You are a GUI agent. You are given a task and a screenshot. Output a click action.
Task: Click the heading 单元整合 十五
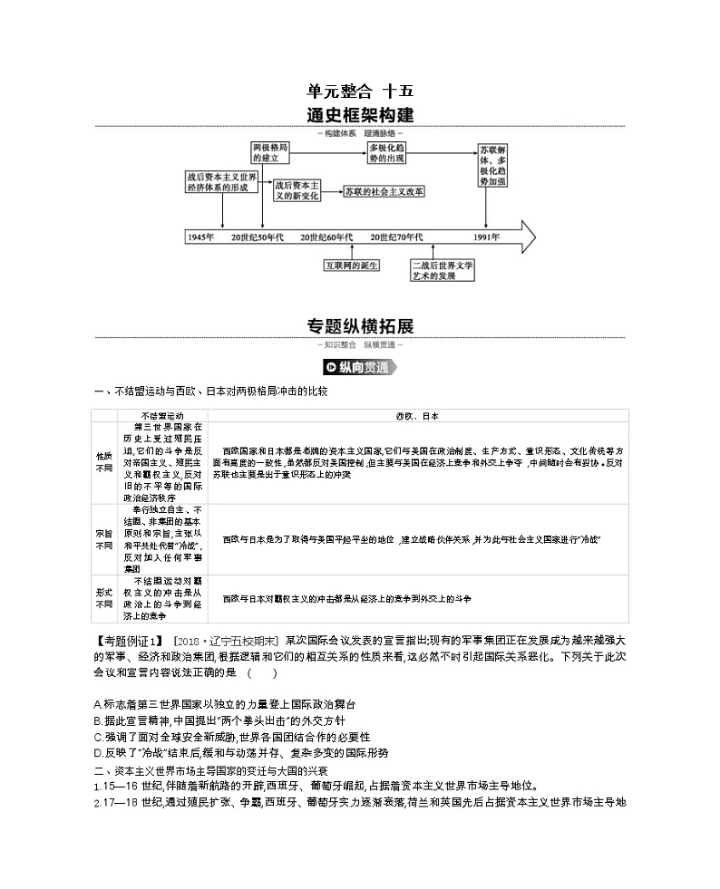(360, 91)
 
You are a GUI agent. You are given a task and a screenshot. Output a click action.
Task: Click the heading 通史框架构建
(360, 116)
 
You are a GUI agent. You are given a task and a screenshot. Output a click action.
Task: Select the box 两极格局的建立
(271, 151)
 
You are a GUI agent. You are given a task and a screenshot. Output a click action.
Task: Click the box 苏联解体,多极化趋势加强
(495, 163)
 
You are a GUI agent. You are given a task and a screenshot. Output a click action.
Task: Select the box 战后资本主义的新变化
(297, 188)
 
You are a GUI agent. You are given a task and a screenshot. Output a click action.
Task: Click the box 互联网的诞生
(352, 266)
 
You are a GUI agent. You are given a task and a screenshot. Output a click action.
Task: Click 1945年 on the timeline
(200, 237)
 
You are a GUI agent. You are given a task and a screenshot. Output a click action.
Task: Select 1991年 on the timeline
(486, 237)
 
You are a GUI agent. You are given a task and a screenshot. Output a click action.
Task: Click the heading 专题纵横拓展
(360, 325)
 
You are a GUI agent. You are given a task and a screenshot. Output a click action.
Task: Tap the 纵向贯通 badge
(360, 367)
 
